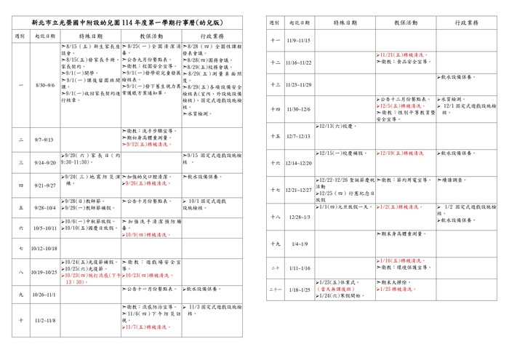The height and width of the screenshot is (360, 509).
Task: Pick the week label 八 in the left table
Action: pyautogui.click(x=20, y=272)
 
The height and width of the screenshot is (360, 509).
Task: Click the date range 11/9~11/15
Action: pyautogui.click(x=298, y=41)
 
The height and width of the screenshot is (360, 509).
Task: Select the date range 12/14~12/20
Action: pyautogui.click(x=298, y=163)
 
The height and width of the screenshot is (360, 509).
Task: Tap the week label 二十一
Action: pyautogui.click(x=275, y=289)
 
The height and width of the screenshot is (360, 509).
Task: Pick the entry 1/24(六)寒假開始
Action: pyautogui.click(x=337, y=295)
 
